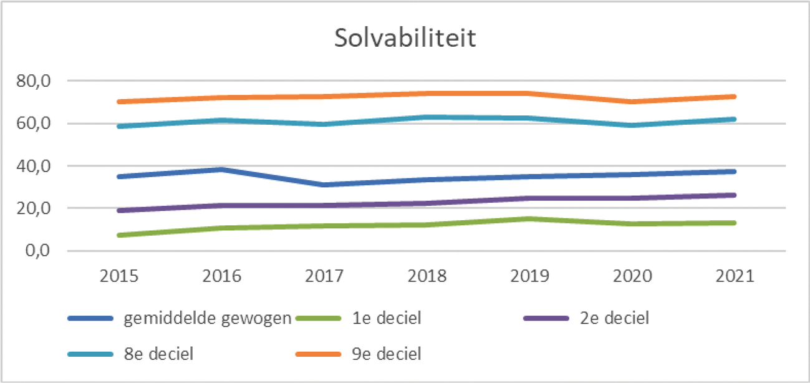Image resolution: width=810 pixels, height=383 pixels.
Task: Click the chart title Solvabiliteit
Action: pos(405,38)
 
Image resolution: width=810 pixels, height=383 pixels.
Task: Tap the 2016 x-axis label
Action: pos(221,276)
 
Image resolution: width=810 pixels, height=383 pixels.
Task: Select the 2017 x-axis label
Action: pos(324,276)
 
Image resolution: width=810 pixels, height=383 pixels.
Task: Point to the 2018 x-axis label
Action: pos(427,276)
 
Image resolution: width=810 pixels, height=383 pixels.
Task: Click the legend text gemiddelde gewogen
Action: pos(208,319)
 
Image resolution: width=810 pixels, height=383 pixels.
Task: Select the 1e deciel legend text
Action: pos(386,319)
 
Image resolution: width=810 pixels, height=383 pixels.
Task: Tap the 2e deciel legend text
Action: pos(614,319)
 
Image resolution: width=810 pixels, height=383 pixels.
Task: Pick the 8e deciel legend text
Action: pos(158,354)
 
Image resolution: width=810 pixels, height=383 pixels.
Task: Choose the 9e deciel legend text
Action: pos(386,354)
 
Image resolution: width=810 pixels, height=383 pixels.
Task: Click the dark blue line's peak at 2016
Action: pos(221,169)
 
